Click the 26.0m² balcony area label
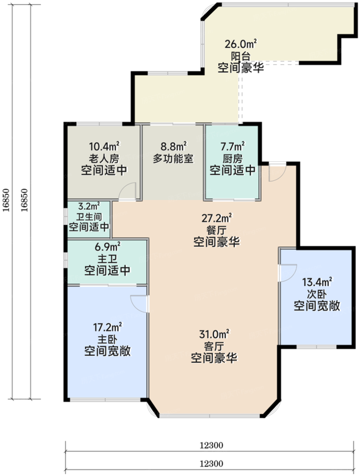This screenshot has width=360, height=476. [240, 43]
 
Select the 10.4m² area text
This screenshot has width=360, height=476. [105, 146]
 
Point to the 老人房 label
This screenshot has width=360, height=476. [105, 159]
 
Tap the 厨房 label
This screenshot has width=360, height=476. [232, 158]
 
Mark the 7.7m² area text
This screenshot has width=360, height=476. [232, 146]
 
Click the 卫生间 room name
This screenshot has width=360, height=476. [89, 217]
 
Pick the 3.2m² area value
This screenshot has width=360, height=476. [89, 208]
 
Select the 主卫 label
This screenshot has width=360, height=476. [107, 259]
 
